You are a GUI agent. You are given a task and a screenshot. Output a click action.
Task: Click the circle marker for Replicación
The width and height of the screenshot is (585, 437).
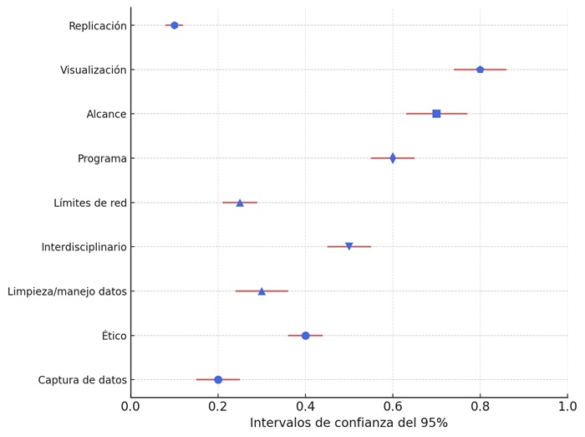[x=175, y=25]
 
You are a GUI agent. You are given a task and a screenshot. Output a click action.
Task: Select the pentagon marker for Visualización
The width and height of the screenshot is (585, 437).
[x=480, y=69]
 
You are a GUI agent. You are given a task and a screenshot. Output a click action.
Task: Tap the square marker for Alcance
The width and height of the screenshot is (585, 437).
[x=436, y=114]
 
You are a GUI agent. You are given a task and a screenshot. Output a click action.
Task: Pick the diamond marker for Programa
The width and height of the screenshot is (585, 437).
[x=393, y=158]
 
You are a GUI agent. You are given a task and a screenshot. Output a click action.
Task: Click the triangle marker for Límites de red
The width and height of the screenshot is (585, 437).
[x=240, y=203]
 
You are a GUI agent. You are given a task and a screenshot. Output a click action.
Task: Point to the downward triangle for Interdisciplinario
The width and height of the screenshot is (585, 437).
[x=349, y=247]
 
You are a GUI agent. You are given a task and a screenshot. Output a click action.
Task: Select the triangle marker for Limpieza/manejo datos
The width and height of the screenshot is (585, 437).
[x=262, y=291]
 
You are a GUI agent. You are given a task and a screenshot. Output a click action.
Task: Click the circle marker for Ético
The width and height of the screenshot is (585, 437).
[x=306, y=336]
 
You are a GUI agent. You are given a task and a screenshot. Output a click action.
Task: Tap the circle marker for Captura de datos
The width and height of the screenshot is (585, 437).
[x=218, y=380]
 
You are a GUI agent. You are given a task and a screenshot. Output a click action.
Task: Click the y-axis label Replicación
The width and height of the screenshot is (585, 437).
[x=98, y=26]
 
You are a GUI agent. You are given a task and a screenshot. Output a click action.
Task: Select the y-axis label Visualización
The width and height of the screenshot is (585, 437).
[x=94, y=70]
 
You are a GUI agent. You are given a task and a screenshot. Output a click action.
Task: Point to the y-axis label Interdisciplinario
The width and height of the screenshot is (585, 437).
[x=84, y=247]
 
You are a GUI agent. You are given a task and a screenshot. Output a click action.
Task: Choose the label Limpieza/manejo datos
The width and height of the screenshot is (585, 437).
[x=67, y=291]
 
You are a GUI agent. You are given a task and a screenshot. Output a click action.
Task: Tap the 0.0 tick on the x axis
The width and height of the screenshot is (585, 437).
[x=131, y=407]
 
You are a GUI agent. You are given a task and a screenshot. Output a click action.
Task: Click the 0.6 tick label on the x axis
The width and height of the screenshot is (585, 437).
[x=393, y=407]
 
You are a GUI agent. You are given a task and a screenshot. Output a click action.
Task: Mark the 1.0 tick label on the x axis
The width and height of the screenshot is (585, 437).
[x=567, y=407]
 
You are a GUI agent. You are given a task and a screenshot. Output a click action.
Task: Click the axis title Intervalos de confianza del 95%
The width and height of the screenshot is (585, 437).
[x=348, y=424]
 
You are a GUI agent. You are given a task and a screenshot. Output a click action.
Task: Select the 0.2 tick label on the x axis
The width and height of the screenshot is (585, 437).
[x=218, y=407]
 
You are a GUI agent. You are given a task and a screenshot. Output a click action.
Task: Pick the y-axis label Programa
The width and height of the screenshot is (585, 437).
[x=102, y=159]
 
